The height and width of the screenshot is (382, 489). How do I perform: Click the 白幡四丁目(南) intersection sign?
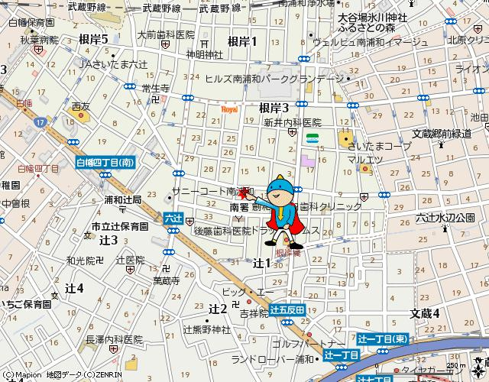[105, 162]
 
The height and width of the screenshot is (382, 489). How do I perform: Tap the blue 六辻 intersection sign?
[173, 219]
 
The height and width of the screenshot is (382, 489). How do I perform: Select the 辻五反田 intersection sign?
[288, 309]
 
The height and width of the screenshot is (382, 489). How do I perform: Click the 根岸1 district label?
[242, 41]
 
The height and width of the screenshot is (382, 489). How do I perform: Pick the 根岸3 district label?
[274, 108]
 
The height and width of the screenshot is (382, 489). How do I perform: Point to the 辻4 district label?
[74, 288]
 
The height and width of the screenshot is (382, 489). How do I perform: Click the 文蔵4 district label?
[424, 313]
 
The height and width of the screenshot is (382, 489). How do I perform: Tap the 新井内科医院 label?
[293, 122]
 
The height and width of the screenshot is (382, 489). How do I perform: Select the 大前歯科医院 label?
[166, 35]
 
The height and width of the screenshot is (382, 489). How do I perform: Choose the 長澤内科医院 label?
[115, 338]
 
